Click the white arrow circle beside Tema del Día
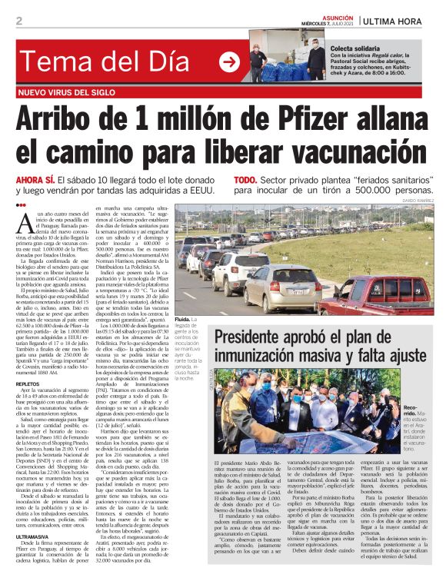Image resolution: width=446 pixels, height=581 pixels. click(x=229, y=62)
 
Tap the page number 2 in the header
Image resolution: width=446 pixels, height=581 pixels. click(x=18, y=21)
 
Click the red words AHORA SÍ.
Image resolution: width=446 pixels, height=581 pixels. click(x=38, y=179)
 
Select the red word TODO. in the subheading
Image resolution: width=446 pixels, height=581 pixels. click(x=245, y=179)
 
